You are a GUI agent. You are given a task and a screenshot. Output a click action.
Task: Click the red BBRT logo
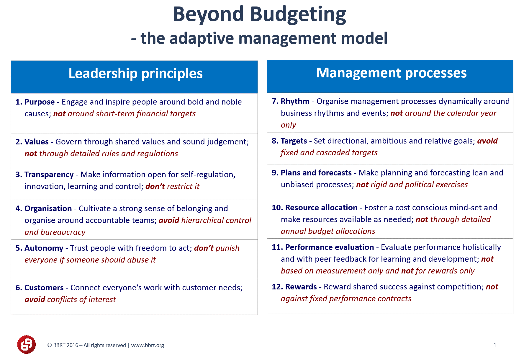[27, 344]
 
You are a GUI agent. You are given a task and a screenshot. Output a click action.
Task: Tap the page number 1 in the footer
[495, 345]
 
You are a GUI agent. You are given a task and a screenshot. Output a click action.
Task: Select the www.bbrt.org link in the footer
[148, 345]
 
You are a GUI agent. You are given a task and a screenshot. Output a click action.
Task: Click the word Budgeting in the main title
[298, 15]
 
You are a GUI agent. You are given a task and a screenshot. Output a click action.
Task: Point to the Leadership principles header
[136, 74]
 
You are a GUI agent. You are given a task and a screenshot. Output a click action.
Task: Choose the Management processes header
[392, 73]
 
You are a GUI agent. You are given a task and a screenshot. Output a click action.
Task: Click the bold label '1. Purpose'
[35, 102]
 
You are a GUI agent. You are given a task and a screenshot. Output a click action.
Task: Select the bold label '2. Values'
[32, 142]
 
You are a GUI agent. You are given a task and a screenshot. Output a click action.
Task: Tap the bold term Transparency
[49, 175]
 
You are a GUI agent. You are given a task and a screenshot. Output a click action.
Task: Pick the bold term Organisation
[48, 208]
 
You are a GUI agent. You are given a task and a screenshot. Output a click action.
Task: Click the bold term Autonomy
[44, 248]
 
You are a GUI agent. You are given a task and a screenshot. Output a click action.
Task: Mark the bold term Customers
[44, 288]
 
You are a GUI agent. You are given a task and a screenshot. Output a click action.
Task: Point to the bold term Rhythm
[295, 102]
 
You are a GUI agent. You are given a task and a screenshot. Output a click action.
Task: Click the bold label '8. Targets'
[289, 141]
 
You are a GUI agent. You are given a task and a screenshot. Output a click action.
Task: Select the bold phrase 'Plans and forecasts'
[316, 173]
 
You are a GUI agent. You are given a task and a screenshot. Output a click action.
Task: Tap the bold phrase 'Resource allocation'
[321, 208]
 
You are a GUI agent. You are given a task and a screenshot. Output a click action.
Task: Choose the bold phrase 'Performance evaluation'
[330, 247]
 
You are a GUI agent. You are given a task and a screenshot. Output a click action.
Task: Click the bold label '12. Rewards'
[294, 287]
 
